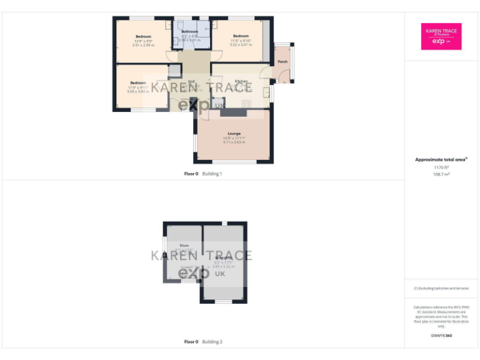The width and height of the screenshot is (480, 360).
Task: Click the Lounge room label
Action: (x=234, y=133)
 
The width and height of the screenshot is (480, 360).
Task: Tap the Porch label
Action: (x=282, y=62)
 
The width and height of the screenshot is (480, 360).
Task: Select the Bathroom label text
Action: (x=190, y=31)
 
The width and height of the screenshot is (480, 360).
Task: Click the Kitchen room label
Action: (x=241, y=82)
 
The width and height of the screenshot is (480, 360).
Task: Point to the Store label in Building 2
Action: (x=184, y=246)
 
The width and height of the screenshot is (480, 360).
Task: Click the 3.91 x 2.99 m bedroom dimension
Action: (x=143, y=45)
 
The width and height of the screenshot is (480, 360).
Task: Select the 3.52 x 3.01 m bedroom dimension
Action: (x=241, y=45)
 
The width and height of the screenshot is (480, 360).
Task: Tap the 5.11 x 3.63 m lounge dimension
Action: (x=234, y=142)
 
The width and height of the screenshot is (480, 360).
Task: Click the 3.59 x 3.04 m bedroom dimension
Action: (x=138, y=91)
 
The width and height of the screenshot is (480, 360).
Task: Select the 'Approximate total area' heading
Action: (x=441, y=159)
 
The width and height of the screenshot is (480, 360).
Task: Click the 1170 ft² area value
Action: (x=441, y=167)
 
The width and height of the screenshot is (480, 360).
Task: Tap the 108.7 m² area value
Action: (x=441, y=174)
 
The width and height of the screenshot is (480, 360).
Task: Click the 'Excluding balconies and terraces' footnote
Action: (x=441, y=288)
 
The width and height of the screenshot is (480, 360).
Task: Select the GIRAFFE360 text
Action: (x=441, y=336)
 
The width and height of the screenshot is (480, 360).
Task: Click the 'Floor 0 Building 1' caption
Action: (x=203, y=174)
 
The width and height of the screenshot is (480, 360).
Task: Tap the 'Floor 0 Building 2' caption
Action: (x=203, y=342)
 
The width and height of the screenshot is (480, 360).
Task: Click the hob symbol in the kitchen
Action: (x=246, y=102)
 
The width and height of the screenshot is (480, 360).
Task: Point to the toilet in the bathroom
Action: (x=183, y=43)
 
